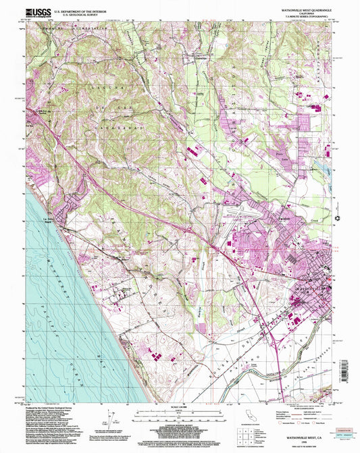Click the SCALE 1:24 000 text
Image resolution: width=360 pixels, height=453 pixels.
tap(179, 406)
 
